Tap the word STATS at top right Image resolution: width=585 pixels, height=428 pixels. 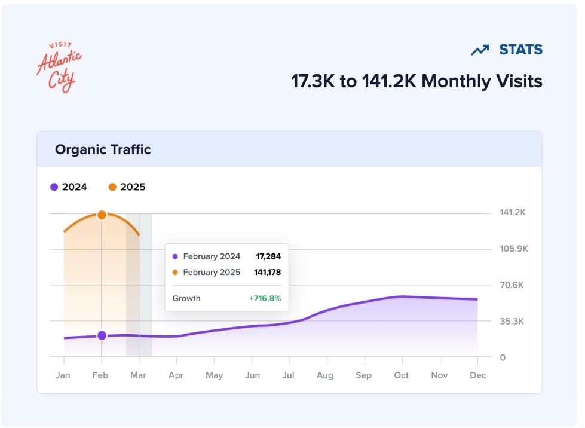pyautogui.click(x=520, y=50)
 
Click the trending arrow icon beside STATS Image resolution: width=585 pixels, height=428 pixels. pyautogui.click(x=480, y=51)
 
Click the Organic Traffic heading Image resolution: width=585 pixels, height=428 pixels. pyautogui.click(x=103, y=149)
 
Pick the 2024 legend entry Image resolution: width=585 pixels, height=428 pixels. pyautogui.click(x=69, y=187)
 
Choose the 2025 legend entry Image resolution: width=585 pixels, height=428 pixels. pyautogui.click(x=127, y=187)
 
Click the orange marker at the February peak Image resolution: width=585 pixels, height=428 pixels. pyautogui.click(x=102, y=215)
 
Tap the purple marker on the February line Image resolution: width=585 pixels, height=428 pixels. pyautogui.click(x=102, y=335)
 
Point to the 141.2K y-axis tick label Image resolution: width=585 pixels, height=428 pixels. pyautogui.click(x=512, y=213)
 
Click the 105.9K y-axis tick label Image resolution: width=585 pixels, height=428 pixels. pyautogui.click(x=514, y=249)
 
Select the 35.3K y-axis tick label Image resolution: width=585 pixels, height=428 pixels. pyautogui.click(x=512, y=321)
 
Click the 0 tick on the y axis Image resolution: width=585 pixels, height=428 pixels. pyautogui.click(x=503, y=357)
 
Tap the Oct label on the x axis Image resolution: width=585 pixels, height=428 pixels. pyautogui.click(x=401, y=375)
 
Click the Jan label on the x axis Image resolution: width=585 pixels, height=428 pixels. pyautogui.click(x=63, y=375)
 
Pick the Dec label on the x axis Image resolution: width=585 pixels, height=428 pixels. pyautogui.click(x=478, y=375)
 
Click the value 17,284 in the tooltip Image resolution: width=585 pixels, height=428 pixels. pyautogui.click(x=268, y=256)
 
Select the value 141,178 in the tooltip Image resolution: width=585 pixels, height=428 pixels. pyautogui.click(x=267, y=273)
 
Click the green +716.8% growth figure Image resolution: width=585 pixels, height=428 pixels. pyautogui.click(x=265, y=298)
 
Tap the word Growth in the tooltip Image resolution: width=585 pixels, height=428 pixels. pyautogui.click(x=186, y=298)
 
